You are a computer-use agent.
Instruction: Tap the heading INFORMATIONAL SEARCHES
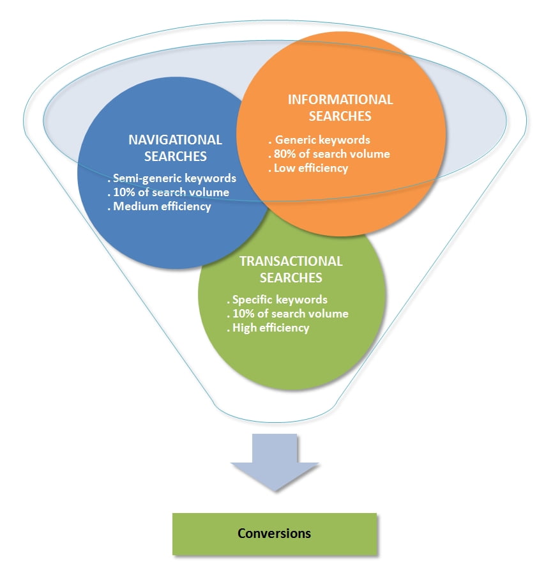(x=340, y=107)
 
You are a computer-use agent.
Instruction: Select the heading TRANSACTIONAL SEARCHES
(x=291, y=269)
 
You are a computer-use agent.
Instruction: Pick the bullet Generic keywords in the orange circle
(x=319, y=139)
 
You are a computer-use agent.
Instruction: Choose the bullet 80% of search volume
(x=329, y=153)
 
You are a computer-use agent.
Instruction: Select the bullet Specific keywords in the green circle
(x=277, y=299)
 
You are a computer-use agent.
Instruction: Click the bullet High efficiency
(x=268, y=328)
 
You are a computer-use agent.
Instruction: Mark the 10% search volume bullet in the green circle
(x=288, y=313)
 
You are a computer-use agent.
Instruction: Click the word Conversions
(x=274, y=533)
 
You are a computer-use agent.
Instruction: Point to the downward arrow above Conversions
(x=274, y=463)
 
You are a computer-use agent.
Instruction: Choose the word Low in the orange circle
(x=284, y=168)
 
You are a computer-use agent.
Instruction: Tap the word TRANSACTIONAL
(x=291, y=261)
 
